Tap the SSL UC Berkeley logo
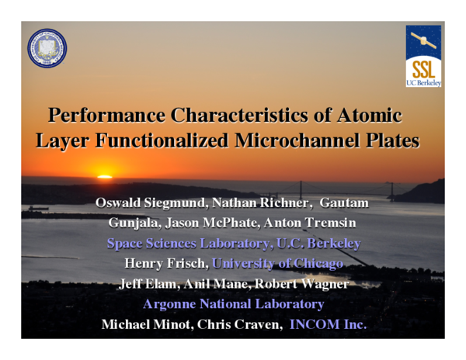click(423, 56)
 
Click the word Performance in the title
click(106, 117)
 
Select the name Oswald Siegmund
click(153, 204)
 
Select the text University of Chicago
click(277, 265)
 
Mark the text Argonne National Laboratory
click(233, 305)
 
